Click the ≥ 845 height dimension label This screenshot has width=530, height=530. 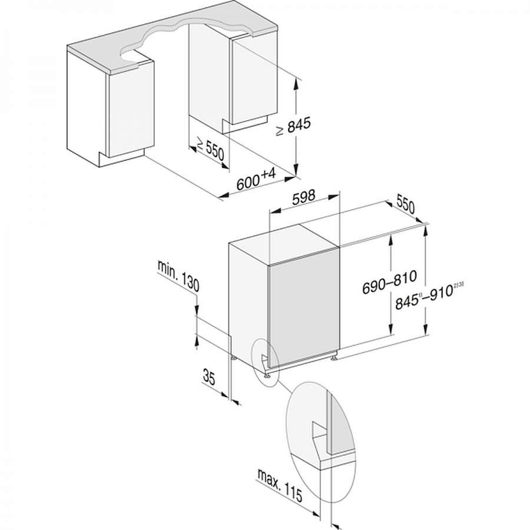[x=293, y=126]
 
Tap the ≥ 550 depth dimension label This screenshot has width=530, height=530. [x=210, y=149]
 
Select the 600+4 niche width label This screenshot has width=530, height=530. [x=256, y=180]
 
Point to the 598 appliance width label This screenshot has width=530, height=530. [x=303, y=197]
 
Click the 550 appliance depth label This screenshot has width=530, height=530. [x=406, y=204]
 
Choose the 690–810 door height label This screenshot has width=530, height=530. [x=389, y=281]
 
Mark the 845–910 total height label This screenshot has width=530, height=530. [x=429, y=295]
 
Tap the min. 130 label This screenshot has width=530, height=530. [x=178, y=276]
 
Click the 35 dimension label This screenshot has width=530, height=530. [x=209, y=377]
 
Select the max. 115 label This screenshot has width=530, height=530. [x=280, y=485]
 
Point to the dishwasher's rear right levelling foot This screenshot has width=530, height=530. [x=334, y=356]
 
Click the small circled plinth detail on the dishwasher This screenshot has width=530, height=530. [x=265, y=362]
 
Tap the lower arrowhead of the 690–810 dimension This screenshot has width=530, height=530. [x=391, y=329]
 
